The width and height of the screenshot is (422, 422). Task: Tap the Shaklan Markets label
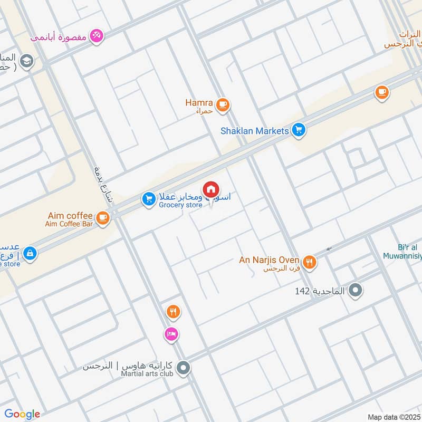[255, 131]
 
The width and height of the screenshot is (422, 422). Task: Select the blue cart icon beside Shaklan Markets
[299, 130]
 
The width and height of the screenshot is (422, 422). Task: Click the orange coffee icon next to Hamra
[223, 104]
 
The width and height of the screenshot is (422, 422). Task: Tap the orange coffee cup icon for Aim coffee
[103, 217]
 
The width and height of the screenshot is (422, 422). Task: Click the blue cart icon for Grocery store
[149, 199]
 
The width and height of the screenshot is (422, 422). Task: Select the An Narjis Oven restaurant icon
[310, 261]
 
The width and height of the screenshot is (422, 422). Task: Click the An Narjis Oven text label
[269, 260]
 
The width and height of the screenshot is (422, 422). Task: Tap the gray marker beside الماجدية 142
[356, 290]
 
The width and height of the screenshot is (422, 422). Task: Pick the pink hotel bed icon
[171, 334]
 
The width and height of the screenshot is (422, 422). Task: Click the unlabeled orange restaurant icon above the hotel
[172, 312]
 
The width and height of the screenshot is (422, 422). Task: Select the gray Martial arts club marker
[183, 368]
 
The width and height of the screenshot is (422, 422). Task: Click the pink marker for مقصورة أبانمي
[97, 35]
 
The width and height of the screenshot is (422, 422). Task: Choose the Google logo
[22, 414]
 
